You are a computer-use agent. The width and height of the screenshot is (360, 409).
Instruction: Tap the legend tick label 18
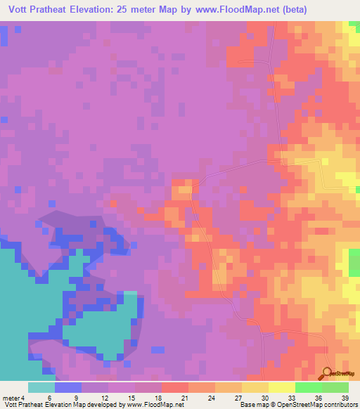tap(160, 398)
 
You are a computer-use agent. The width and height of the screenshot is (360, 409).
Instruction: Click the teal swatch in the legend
tap(41, 387)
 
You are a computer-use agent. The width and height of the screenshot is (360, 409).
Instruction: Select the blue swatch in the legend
tap(67, 387)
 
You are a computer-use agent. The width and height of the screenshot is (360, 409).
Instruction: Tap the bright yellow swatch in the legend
tap(281, 387)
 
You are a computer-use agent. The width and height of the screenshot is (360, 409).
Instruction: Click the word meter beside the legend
tap(12, 398)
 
